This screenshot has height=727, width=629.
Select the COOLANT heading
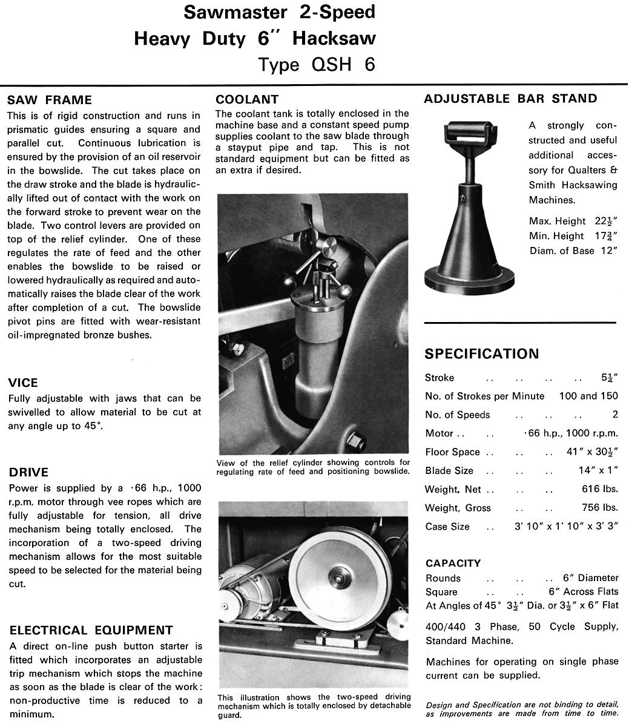247,99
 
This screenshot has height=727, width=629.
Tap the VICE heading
23,383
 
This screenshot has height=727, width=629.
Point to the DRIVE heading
28,472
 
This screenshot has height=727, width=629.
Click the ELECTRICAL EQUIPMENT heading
91,630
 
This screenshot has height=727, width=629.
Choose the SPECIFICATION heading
481,354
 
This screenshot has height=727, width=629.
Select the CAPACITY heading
453,563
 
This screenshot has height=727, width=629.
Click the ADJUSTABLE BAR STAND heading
510,99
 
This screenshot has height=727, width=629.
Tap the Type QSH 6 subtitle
317,64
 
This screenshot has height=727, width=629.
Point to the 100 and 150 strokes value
588,396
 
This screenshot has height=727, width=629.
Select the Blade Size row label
449,470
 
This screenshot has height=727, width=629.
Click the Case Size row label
447,527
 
